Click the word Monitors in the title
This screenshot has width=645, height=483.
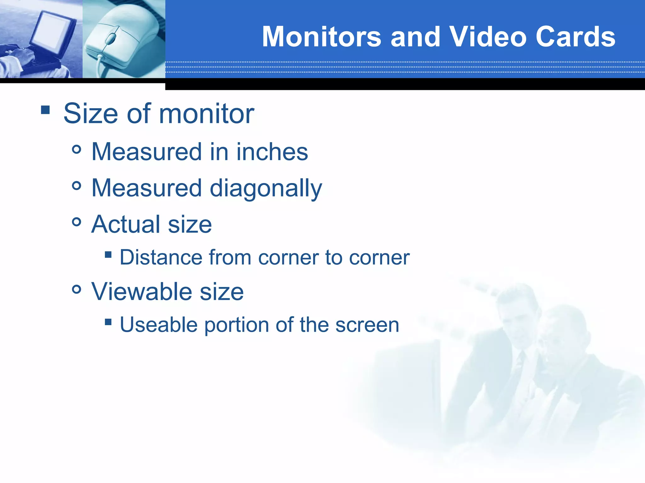pyautogui.click(x=322, y=37)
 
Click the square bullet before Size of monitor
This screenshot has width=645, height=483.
pyautogui.click(x=45, y=110)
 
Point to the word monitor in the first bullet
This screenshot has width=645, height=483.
pyautogui.click(x=206, y=114)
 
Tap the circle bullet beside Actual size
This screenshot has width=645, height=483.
pyautogui.click(x=77, y=222)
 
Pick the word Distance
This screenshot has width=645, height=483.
pyautogui.click(x=161, y=258)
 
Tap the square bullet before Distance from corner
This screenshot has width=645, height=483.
pyautogui.click(x=108, y=254)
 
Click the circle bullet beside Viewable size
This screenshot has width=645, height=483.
pyautogui.click(x=77, y=289)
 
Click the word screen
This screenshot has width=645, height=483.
pyautogui.click(x=367, y=325)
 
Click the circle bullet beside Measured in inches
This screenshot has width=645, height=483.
pyautogui.click(x=77, y=149)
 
